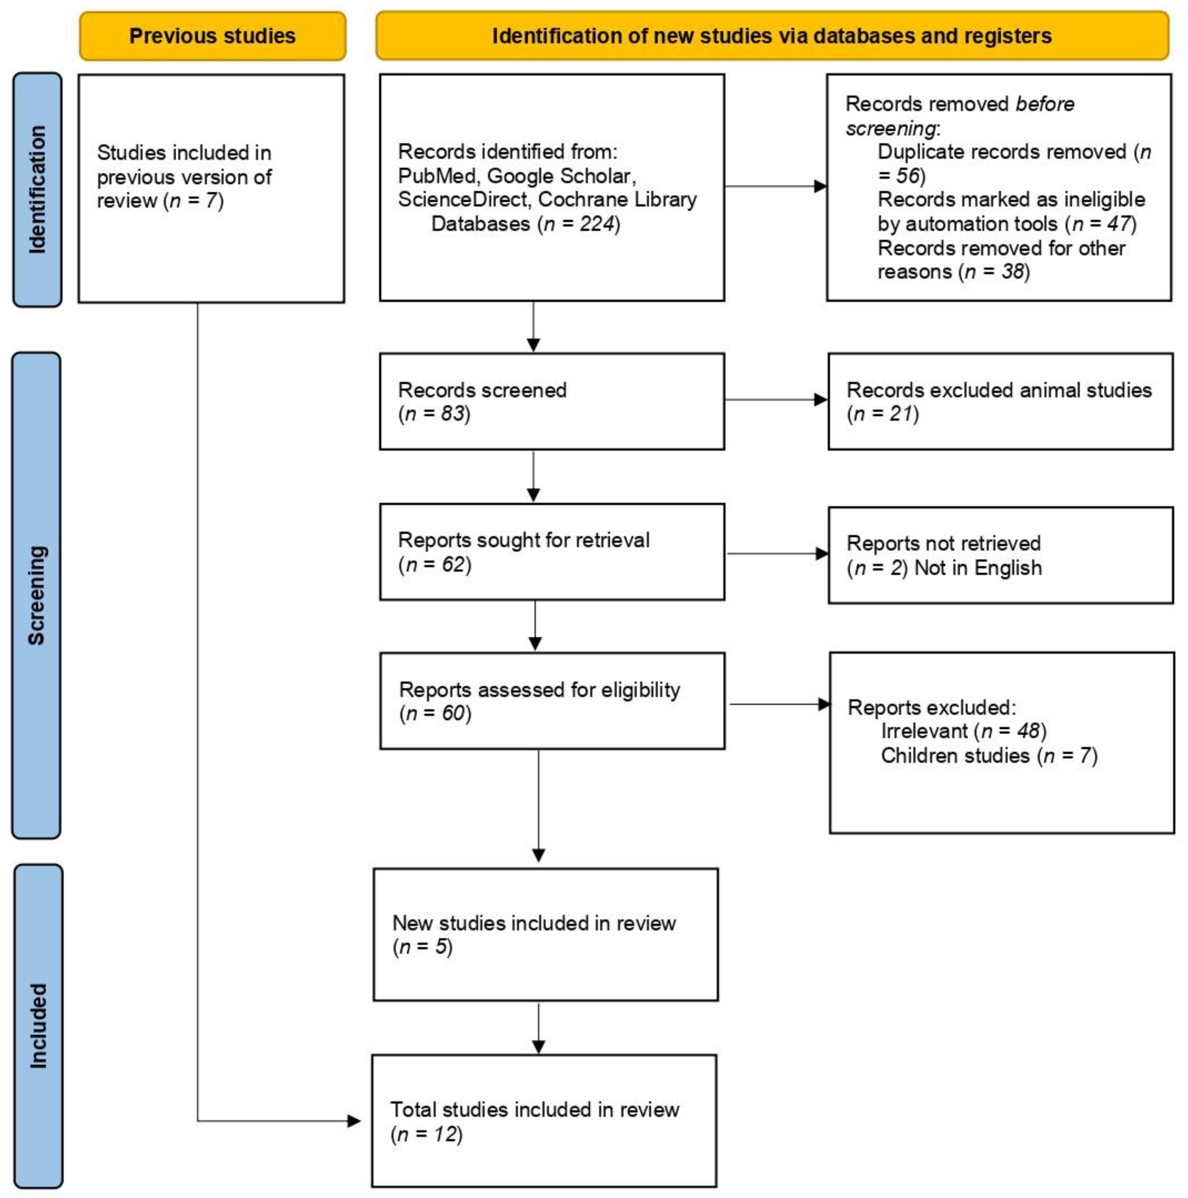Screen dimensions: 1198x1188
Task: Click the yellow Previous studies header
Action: point(212,36)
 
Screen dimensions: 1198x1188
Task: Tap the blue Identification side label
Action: point(37,189)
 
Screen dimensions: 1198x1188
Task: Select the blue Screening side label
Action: point(36,595)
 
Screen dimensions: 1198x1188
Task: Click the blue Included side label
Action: point(38,1026)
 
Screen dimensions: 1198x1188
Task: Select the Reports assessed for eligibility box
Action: point(552,701)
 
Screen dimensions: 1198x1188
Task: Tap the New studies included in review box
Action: point(546,935)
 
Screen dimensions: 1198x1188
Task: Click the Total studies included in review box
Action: point(544,1121)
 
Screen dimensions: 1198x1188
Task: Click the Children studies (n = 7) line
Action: point(988,756)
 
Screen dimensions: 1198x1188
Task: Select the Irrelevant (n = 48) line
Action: point(964,731)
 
